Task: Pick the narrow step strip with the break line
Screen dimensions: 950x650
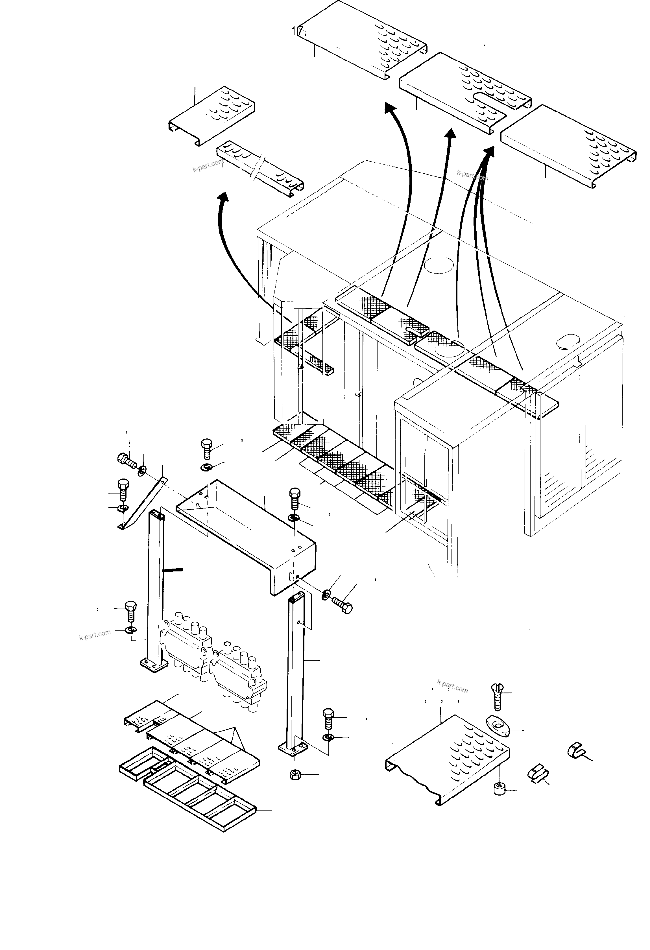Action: click(259, 169)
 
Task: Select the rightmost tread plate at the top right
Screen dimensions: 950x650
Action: click(568, 145)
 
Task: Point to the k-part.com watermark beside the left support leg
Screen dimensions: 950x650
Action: click(95, 635)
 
